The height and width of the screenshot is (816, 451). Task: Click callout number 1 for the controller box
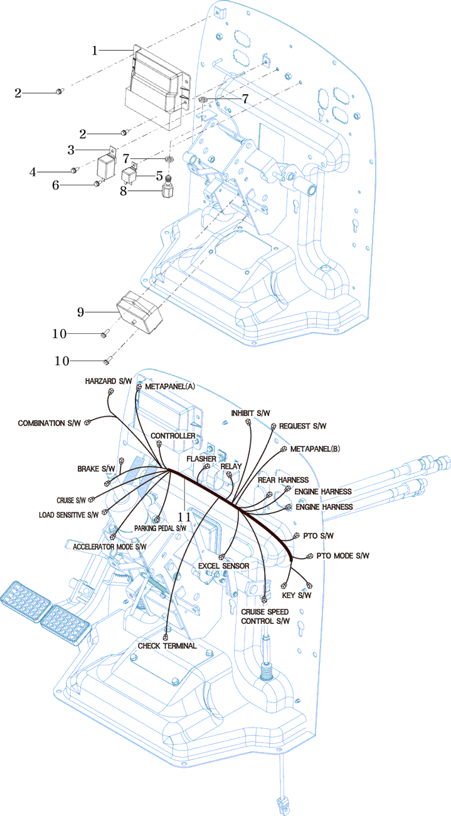coord(95,50)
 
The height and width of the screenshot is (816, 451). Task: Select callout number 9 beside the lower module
coord(80,311)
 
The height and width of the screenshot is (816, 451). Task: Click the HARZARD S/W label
coord(109,382)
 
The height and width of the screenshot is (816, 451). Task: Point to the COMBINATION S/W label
coord(50,423)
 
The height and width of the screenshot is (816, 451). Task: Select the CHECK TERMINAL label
coord(167,645)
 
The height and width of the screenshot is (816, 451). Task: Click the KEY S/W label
coord(297,595)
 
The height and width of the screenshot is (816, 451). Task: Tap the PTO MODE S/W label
coord(342,556)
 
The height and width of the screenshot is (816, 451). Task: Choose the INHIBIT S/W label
coord(250,413)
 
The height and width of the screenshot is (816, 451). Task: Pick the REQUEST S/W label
coord(302,426)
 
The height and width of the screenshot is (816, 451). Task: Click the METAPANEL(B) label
coord(316,449)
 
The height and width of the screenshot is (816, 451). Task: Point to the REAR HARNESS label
coord(283,480)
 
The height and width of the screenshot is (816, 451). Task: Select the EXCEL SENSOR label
coord(223,566)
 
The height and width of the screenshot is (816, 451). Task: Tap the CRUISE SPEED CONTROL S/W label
coord(266,616)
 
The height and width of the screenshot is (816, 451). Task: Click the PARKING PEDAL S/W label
coord(160,529)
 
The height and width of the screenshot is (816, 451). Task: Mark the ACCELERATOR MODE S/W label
coord(110,547)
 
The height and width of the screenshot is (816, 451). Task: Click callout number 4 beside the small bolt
coord(33,170)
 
